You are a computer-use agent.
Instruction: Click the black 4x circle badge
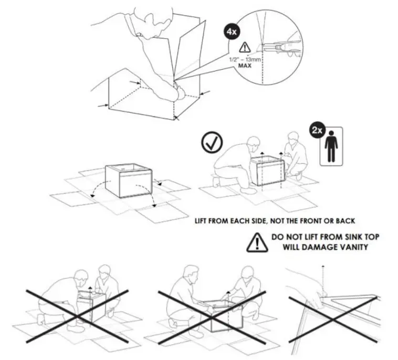[x=232, y=31]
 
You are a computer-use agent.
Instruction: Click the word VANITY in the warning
[x=351, y=247]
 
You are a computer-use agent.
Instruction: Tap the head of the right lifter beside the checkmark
[x=293, y=140]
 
